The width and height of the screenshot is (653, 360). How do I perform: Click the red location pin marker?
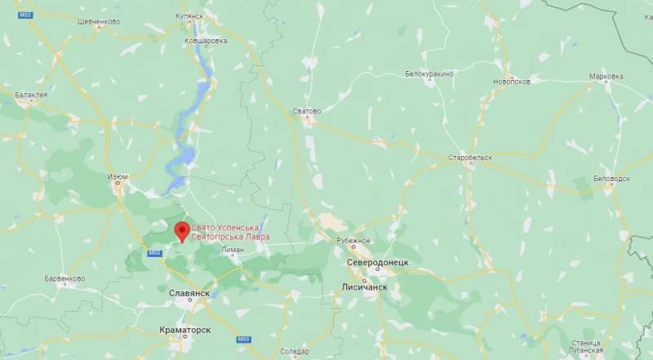182,230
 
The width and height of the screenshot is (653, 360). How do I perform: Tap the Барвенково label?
64,278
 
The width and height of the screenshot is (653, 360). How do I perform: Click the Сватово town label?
307,109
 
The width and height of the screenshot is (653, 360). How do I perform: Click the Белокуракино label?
429,73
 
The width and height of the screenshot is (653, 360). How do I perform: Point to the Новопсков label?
512,81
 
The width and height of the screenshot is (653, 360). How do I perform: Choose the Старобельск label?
468,155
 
